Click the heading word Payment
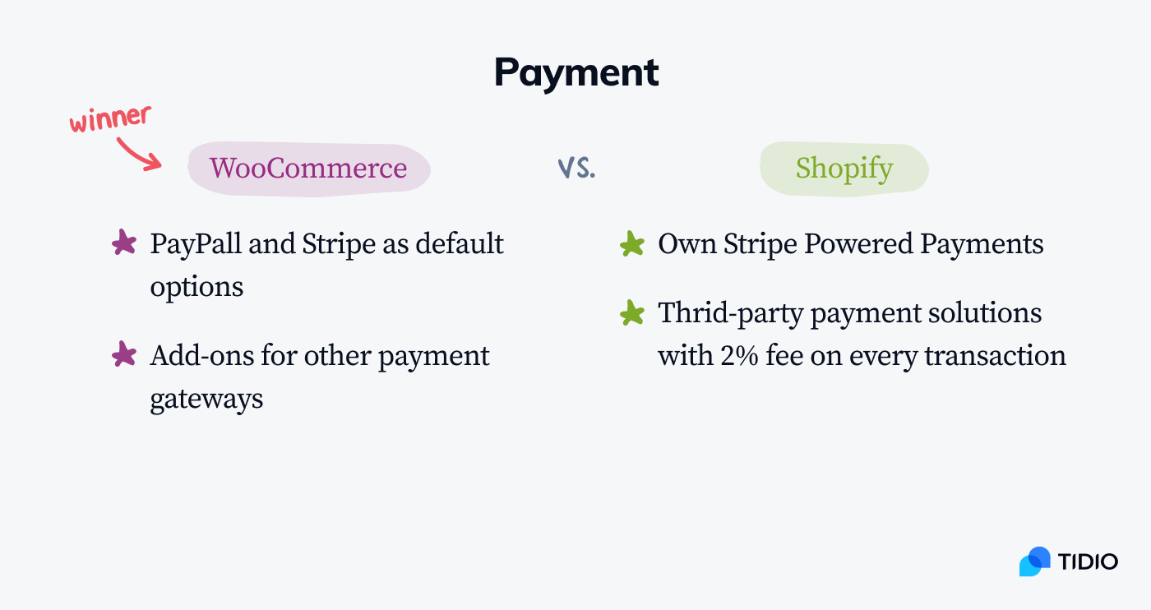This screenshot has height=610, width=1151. (x=576, y=73)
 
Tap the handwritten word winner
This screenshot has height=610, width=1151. (x=110, y=118)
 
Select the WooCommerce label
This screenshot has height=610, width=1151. (x=308, y=169)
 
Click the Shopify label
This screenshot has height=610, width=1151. (x=844, y=169)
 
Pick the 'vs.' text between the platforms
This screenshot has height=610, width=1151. (x=576, y=168)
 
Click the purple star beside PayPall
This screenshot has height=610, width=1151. (x=124, y=243)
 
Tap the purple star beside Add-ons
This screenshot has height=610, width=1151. (x=124, y=355)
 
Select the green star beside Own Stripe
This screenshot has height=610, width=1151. (x=631, y=244)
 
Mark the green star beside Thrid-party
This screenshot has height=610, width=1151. (x=631, y=313)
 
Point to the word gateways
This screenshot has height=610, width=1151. (x=206, y=399)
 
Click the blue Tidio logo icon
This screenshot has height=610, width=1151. (x=1034, y=561)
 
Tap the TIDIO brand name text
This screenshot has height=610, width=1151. (x=1088, y=562)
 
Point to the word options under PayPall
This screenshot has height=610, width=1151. (x=196, y=287)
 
